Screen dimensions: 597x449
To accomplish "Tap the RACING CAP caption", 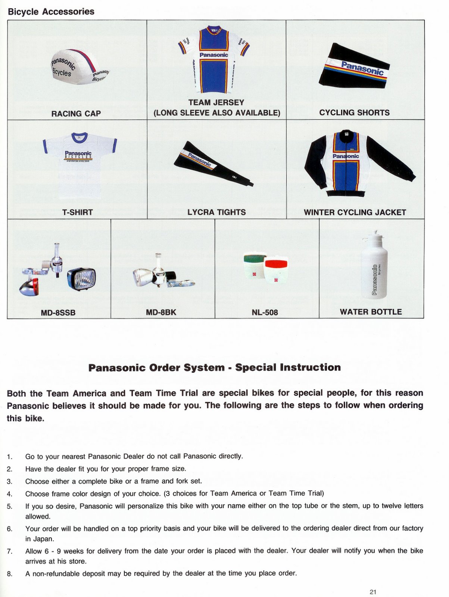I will [76, 113].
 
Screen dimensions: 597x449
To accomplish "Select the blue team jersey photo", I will [214, 60].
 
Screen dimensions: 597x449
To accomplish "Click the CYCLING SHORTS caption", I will [354, 112].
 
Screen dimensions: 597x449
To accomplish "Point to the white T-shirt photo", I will [79, 164].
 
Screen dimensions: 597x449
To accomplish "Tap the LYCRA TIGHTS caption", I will [216, 212].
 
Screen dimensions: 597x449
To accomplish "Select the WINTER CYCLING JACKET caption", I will [355, 212].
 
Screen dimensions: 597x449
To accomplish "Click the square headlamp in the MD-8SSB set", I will [82, 279].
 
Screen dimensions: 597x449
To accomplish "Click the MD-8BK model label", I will [161, 312].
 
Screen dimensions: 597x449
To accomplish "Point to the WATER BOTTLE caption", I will [371, 312].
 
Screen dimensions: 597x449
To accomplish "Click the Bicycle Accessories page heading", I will [51, 12].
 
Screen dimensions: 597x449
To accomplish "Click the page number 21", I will [373, 591].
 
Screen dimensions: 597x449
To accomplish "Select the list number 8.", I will [10, 573].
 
